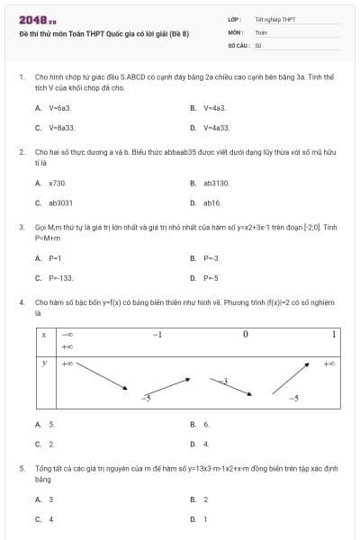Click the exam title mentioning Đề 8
click(x=103, y=33)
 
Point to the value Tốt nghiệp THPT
click(x=274, y=19)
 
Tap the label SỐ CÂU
click(x=238, y=44)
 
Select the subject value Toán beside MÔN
click(x=261, y=31)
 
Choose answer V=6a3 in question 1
click(x=58, y=107)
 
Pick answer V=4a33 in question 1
click(x=216, y=128)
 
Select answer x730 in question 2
click(x=57, y=183)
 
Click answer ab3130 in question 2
click(x=216, y=183)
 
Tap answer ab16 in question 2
click(x=211, y=203)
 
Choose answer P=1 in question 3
click(x=55, y=258)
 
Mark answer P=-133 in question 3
click(x=60, y=278)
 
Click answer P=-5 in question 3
click(x=211, y=278)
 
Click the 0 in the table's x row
click(x=246, y=335)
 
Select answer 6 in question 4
click(x=206, y=424)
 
